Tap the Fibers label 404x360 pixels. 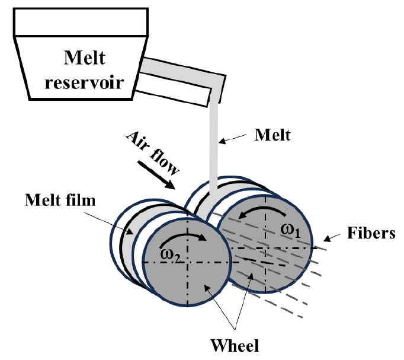tap(371, 233)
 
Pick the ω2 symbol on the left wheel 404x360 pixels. tap(170, 254)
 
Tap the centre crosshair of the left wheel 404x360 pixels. tap(187, 262)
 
